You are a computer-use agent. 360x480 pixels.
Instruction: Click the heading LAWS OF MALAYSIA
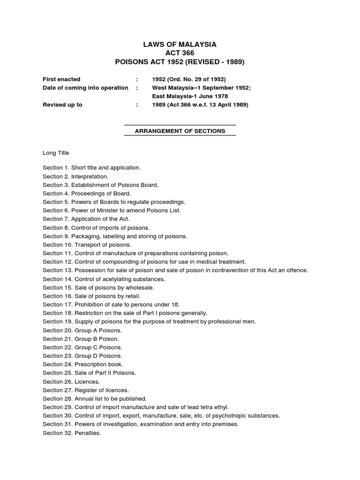180,45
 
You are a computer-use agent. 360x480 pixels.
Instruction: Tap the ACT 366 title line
180,53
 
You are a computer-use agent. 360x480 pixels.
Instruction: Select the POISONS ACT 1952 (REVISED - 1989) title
180,62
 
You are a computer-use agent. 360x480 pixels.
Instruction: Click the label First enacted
61,79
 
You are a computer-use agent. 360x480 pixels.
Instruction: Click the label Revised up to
62,105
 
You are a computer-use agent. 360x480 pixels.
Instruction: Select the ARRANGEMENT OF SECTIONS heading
180,131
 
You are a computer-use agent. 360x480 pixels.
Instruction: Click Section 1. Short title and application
92,167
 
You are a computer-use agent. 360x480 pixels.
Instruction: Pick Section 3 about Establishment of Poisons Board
101,185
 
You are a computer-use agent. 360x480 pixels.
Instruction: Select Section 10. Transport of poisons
87,245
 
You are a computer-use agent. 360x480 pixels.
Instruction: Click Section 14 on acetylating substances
104,279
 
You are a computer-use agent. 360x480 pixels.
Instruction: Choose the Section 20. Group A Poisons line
82,330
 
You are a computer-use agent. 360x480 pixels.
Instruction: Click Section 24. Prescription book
83,364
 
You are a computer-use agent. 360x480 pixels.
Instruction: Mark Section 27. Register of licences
86,390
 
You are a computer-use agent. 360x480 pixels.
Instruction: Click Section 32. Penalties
72,433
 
